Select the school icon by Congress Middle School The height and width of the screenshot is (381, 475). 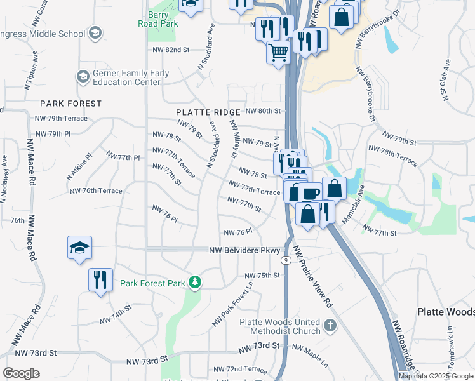95,34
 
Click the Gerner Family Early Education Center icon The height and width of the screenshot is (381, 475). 83,77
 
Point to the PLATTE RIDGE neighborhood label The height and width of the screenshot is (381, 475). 208,112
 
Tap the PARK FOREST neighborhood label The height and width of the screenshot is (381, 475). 70,103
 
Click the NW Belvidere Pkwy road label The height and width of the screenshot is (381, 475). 244,251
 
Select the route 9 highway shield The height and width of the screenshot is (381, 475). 287,260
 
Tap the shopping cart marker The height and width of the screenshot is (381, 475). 278,51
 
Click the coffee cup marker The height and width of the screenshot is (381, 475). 310,192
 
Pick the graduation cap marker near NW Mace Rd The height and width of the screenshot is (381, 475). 79,248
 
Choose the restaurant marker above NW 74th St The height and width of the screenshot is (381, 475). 100,279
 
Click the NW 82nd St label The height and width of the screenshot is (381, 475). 171,50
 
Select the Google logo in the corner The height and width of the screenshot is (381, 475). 21,373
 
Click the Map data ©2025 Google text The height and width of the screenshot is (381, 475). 436,376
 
